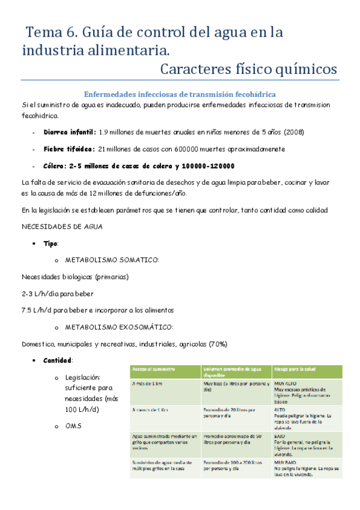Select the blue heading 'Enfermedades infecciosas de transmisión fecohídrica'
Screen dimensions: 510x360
pyautogui.click(x=180, y=94)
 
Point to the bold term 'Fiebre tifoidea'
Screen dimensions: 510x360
pyautogui.click(x=69, y=149)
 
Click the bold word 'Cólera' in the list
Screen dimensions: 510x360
pyautogui.click(x=56, y=166)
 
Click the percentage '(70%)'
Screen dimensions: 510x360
pyautogui.click(x=218, y=344)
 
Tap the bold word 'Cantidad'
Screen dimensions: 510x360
pyautogui.click(x=58, y=360)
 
